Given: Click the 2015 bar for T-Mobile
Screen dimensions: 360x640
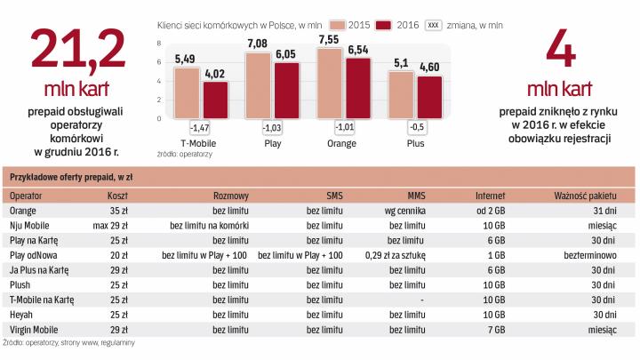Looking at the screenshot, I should [186, 99].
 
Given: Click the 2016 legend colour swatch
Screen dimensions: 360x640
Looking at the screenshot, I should [383, 24].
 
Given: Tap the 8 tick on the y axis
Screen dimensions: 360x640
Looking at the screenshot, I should [160, 42].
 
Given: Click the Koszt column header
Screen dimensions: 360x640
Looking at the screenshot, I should [118, 195].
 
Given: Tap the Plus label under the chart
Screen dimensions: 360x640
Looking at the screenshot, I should [415, 143].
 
